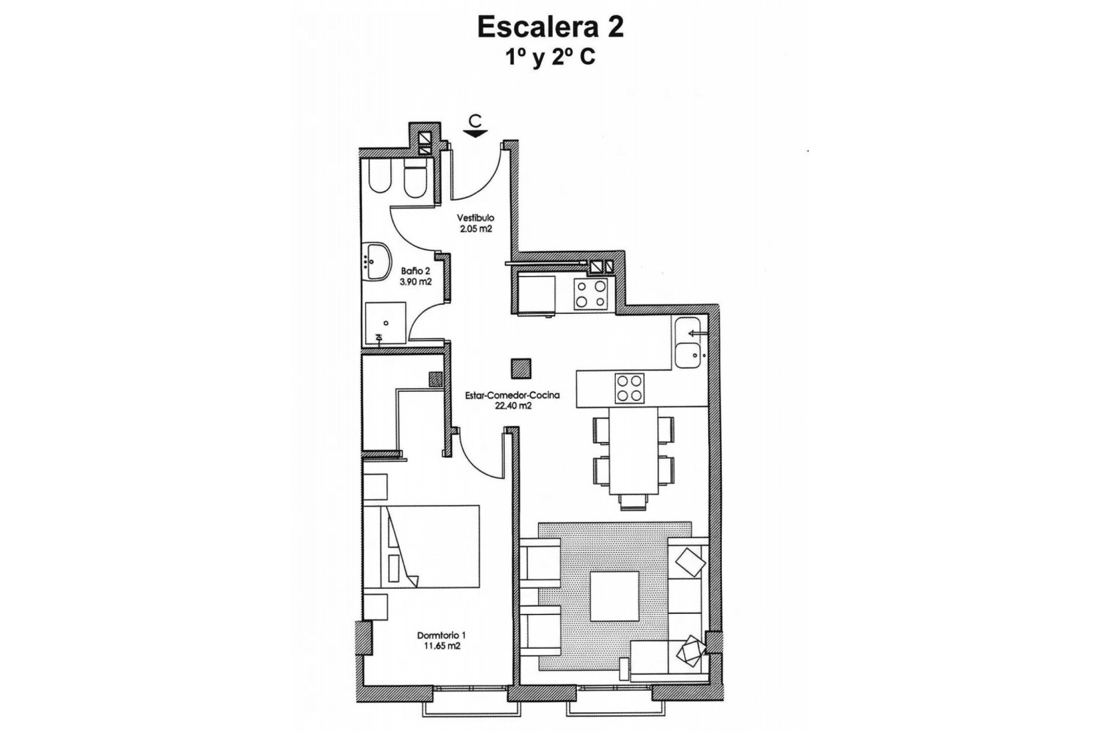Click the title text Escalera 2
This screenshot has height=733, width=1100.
coord(550,27)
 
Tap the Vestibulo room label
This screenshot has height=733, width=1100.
coord(475,218)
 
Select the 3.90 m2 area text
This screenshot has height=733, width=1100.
coord(416,282)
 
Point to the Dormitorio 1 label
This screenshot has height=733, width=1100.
coord(441,635)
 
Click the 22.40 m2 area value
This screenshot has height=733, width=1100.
coord(513,406)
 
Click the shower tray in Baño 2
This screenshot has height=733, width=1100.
coord(386,323)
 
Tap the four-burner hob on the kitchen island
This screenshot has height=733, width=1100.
coord(629,388)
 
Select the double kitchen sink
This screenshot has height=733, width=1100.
coord(687,342)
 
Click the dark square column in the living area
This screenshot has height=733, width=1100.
coord(521,368)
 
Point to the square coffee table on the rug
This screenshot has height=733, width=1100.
coord(615,596)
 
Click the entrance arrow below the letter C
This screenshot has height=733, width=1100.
coord(475,134)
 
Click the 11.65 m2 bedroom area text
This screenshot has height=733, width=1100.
coord(441,646)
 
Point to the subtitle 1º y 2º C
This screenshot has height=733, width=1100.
coord(550,58)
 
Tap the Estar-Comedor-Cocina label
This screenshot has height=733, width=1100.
coord(512,395)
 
